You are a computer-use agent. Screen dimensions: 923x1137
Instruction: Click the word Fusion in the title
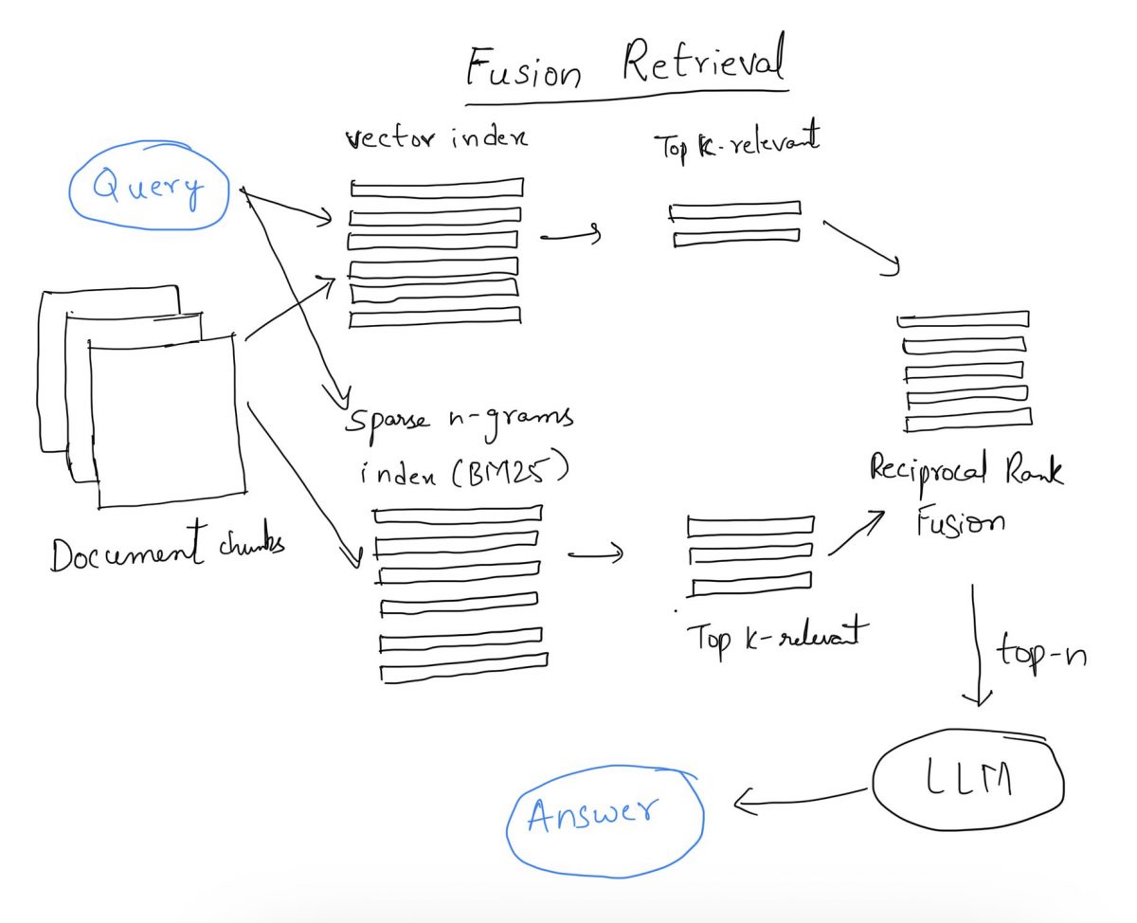click(523, 68)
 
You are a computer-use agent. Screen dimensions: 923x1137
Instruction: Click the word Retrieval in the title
click(704, 63)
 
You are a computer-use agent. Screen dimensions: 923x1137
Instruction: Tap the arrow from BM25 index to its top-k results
click(595, 552)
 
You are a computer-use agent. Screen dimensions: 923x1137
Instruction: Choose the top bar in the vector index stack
click(436, 188)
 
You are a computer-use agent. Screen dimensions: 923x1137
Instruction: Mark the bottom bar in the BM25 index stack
click(463, 671)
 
